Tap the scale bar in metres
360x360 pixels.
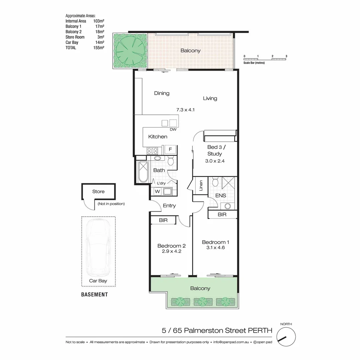point(265,59)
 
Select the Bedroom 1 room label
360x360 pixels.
point(215,242)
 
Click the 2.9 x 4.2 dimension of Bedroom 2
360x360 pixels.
point(171,252)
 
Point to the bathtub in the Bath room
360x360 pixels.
point(143,172)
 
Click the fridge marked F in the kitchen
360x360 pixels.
point(170,149)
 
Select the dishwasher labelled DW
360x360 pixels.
point(173,123)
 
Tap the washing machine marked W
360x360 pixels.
point(157,191)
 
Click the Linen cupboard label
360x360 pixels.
point(201,185)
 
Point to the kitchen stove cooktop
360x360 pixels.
point(152,150)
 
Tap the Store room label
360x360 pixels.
point(98,191)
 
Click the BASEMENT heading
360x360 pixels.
point(95,295)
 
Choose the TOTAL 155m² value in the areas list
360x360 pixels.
point(99,48)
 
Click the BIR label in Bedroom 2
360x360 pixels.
point(163,220)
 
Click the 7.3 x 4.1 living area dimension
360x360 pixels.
point(185,109)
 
